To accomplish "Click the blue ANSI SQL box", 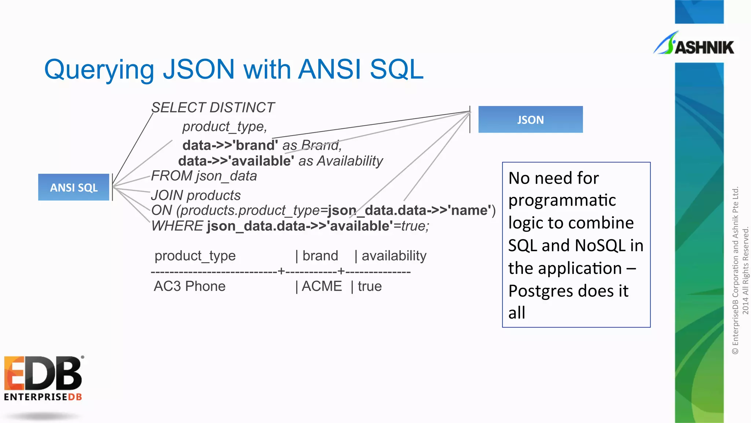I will click(x=74, y=187).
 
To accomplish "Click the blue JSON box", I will click(x=530, y=120).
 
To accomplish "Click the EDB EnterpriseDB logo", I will click(x=43, y=378).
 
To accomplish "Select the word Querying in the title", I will click(x=99, y=70).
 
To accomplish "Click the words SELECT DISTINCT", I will click(x=213, y=108).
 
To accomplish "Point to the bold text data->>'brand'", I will click(x=230, y=145).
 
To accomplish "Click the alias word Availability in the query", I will click(x=350, y=161).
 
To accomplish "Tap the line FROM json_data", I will click(x=204, y=176).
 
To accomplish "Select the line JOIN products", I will click(x=196, y=195).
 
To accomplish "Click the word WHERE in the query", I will click(x=177, y=226).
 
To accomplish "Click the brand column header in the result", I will click(x=320, y=256).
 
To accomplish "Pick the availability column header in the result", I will click(x=394, y=256).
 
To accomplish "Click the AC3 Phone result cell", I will click(x=190, y=286).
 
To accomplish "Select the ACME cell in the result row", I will click(x=322, y=286).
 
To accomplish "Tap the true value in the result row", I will click(x=370, y=286).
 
